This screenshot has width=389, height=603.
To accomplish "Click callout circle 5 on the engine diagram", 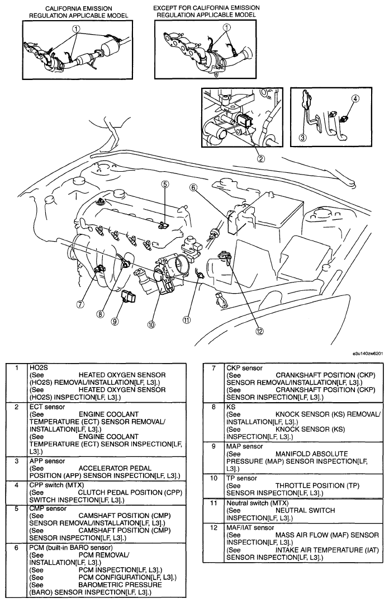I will coord(165,183).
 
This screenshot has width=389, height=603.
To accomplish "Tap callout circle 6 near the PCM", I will coord(193,188).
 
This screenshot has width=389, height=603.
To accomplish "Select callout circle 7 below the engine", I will coord(81,304).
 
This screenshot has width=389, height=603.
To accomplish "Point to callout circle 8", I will coord(100,314).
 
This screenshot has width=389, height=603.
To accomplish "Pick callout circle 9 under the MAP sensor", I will coord(115,321).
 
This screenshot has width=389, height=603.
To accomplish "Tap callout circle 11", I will coord(187,320).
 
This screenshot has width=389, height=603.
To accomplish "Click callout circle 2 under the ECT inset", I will coord(260,158).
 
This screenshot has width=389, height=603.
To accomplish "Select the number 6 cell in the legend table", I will coord(17,547).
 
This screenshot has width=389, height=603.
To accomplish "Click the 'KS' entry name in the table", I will coord(231,407).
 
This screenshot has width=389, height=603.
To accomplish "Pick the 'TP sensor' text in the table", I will coord(241,478).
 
